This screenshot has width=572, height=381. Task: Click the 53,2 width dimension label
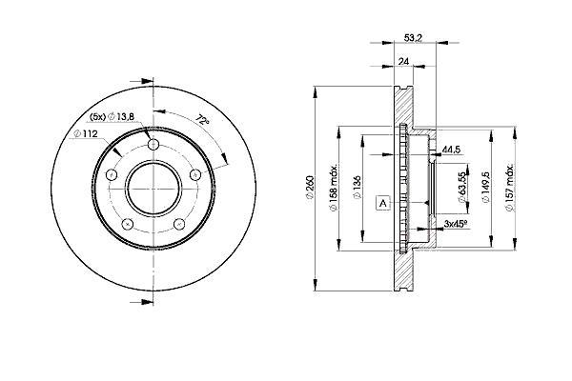(414, 37)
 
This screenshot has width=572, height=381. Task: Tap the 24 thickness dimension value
(403, 62)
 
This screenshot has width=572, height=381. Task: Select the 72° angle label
(202, 120)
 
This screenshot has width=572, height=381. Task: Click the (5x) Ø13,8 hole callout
(112, 116)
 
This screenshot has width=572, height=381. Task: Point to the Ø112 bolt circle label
(86, 133)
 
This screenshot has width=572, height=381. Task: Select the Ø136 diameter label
(357, 189)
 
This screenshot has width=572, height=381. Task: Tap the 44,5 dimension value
(451, 150)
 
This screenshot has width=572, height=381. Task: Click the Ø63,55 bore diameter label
(462, 187)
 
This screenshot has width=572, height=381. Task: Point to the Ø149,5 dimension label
(485, 187)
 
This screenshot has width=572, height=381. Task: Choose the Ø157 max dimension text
(509, 187)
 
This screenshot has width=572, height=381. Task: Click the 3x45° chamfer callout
(456, 224)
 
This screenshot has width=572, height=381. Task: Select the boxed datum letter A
(383, 203)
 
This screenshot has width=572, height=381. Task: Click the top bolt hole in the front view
(153, 144)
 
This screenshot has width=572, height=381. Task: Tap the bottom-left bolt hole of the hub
(127, 224)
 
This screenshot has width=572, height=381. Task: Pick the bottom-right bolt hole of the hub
(179, 224)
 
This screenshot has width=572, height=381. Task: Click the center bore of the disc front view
(153, 189)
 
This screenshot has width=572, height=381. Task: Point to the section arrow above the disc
(142, 81)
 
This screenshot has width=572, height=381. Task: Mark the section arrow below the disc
(142, 302)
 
